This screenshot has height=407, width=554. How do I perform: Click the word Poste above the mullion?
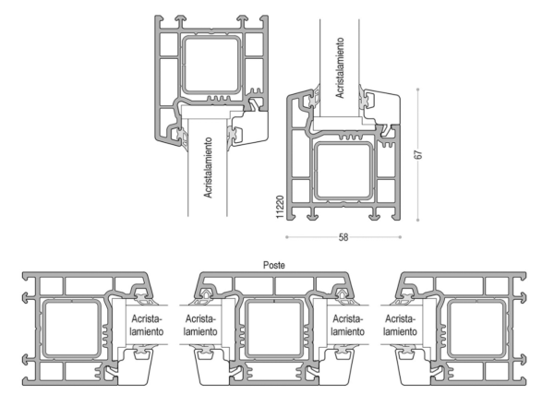pos(274,265)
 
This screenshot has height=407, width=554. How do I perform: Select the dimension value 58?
pos(343,237)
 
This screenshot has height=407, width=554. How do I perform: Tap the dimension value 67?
pos(418,155)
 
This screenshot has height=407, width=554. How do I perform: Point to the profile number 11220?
pos(280,207)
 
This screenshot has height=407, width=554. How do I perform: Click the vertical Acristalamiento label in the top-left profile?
pos(208,167)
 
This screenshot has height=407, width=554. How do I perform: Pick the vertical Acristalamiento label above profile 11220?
pos(340,68)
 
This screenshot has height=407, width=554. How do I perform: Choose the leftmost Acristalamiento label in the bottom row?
pos(147,325)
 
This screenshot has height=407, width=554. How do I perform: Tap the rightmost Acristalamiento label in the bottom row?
pos(400,325)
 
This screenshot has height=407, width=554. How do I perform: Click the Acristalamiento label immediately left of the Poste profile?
pos(200,325)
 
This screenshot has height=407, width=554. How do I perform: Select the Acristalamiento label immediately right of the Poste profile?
pos(348,325)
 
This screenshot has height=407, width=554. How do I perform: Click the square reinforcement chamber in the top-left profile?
pos(211,65)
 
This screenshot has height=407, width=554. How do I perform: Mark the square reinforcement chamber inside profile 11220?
pos(343,171)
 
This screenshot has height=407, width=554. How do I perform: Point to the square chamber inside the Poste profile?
pos(274,329)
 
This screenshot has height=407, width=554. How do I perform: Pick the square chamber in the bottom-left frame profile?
pos(72,329)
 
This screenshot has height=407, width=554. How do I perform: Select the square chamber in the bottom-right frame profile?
pos(476,329)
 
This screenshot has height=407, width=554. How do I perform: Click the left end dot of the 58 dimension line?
pos(286,237)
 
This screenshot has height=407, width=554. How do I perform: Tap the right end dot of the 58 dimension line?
pos(400,237)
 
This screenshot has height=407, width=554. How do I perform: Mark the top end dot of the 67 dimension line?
pos(418,90)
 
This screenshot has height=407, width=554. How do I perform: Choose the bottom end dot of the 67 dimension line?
pos(418,220)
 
